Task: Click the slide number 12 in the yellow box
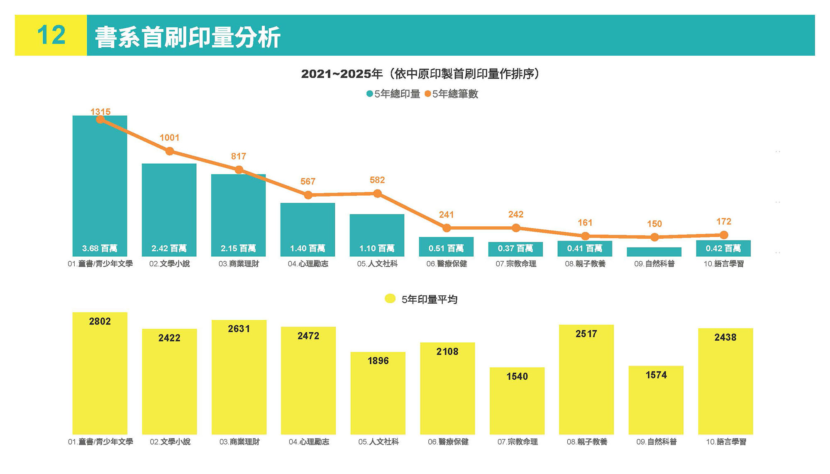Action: pyautogui.click(x=51, y=35)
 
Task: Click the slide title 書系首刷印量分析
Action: pyautogui.click(x=188, y=37)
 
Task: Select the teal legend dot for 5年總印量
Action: pyautogui.click(x=369, y=94)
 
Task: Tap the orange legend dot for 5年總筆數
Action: pyautogui.click(x=427, y=94)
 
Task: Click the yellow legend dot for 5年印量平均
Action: pyautogui.click(x=390, y=299)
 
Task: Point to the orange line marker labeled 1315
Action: pyautogui.click(x=100, y=120)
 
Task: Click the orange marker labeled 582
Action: pyautogui.click(x=377, y=194)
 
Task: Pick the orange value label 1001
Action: pyautogui.click(x=169, y=138)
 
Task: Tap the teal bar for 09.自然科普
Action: pyautogui.click(x=654, y=252)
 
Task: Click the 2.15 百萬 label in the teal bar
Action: pyautogui.click(x=238, y=248)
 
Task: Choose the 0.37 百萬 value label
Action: pyautogui.click(x=515, y=248)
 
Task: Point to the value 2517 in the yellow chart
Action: pyautogui.click(x=586, y=334)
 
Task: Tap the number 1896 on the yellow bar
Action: pyautogui.click(x=378, y=361)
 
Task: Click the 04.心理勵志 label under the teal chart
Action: pyautogui.click(x=308, y=264)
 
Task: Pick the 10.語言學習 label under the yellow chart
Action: pyautogui.click(x=726, y=442)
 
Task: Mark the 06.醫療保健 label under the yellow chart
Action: pyautogui.click(x=448, y=442)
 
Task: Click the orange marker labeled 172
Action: pyautogui.click(x=724, y=235)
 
